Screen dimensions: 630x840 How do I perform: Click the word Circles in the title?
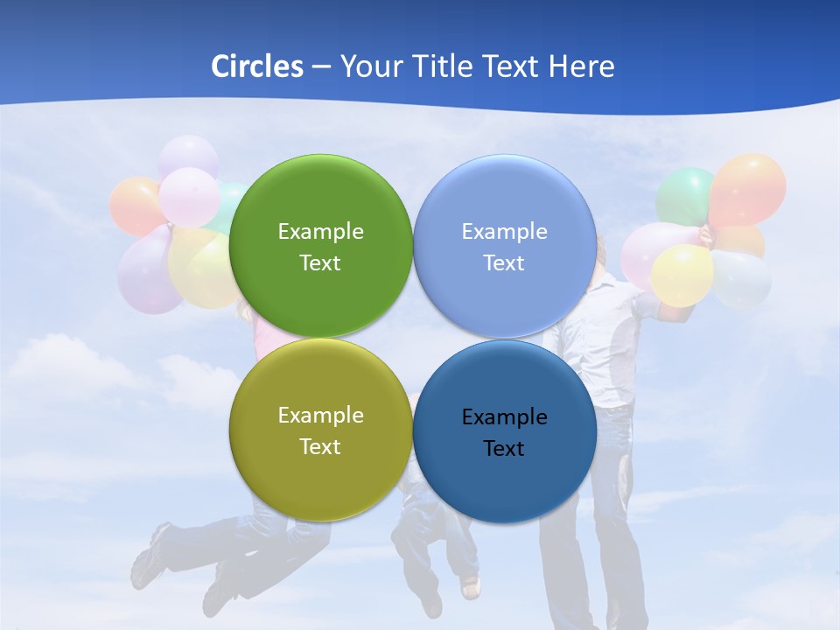pos(257,66)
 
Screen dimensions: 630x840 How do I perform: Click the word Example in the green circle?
pos(320,232)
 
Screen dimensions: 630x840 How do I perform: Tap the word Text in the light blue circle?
pos(504,263)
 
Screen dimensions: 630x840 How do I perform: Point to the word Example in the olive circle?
pos(320,416)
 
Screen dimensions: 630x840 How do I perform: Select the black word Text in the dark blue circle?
pos(504,449)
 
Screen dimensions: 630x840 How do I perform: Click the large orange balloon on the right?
pos(748,188)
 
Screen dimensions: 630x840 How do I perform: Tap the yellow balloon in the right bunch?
pos(682,275)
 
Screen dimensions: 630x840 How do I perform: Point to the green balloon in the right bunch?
pos(684,194)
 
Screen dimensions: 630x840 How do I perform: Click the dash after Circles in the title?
pos(321,67)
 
